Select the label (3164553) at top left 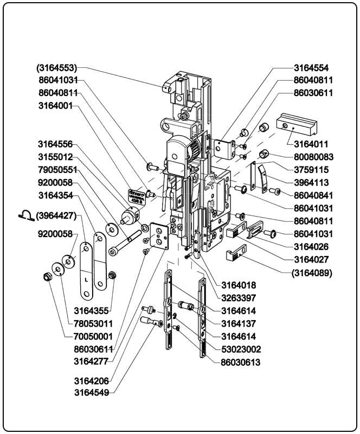[x=57, y=68]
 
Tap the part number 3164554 [x=311, y=68]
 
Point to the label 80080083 [x=313, y=157]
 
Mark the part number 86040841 [x=313, y=195]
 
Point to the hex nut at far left [x=47, y=278]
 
